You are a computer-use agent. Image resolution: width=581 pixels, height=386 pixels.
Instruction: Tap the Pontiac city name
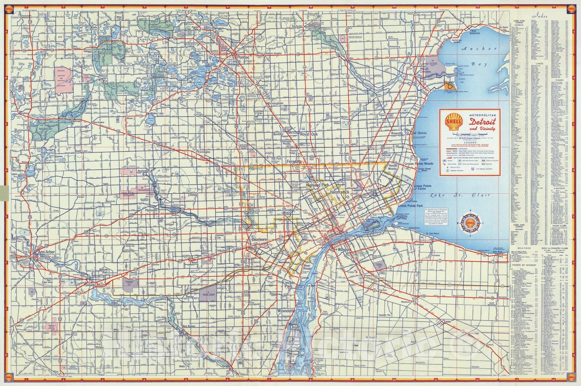coord(243,57)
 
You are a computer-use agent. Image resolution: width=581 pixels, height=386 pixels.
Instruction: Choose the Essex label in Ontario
coord(447,322)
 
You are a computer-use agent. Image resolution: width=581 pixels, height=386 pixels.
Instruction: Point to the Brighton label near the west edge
coord(25,113)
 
